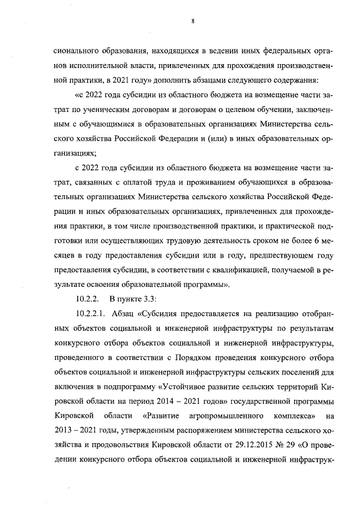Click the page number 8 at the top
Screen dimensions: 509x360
tap(192, 22)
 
